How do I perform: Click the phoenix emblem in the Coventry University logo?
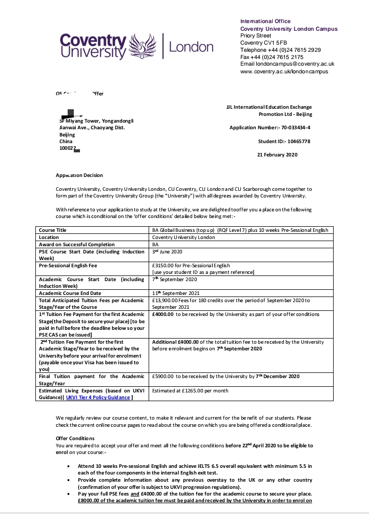pyautogui.click(x=143, y=47)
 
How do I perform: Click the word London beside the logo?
pyautogui.click(x=191, y=48)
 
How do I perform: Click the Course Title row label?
pyautogui.click(x=53, y=230)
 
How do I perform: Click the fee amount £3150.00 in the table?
pyautogui.click(x=165, y=265)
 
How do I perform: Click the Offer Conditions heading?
pyautogui.click(x=75, y=439)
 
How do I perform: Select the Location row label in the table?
pyautogui.click(x=49, y=238)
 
